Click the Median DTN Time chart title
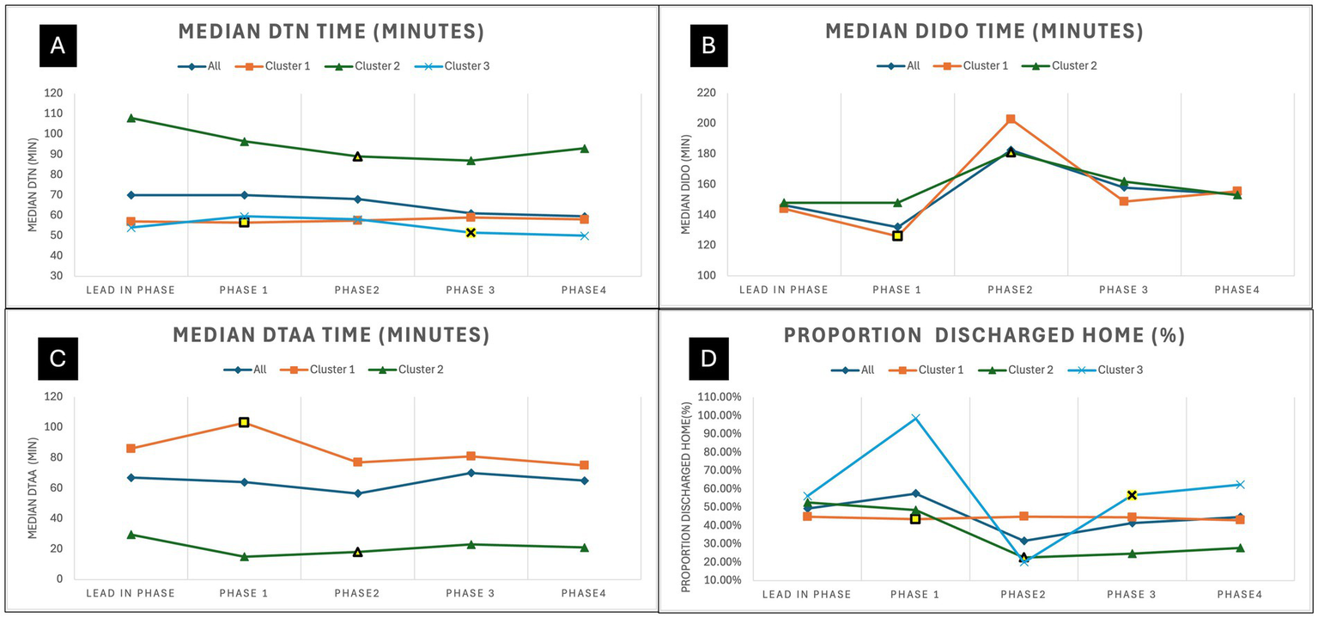click(331, 33)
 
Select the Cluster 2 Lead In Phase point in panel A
click(131, 118)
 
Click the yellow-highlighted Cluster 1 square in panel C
click(244, 422)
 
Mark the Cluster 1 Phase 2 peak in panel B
click(1011, 119)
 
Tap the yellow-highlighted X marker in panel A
click(471, 233)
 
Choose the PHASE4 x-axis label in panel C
click(584, 594)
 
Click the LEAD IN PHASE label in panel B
click(784, 291)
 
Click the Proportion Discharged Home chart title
click(984, 336)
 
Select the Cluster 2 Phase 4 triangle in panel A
click(584, 149)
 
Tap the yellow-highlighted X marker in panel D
click(1132, 495)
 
